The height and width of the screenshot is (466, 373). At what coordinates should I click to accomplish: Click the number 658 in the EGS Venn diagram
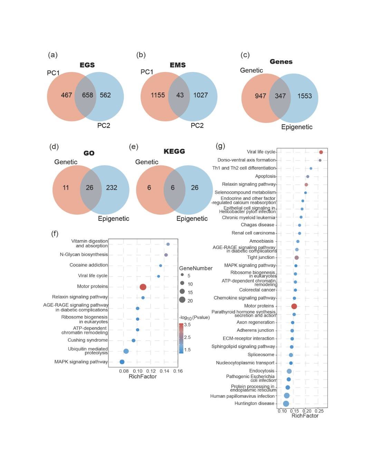(x=87, y=95)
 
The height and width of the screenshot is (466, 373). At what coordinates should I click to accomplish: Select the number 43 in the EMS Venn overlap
(x=180, y=95)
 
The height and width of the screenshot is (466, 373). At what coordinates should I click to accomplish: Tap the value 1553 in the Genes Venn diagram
(x=304, y=96)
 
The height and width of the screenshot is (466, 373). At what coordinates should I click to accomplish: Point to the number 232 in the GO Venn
(x=112, y=188)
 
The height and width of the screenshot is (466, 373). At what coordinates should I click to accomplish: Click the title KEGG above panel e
(x=174, y=152)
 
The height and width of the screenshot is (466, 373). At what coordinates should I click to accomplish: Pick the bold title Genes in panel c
(x=281, y=62)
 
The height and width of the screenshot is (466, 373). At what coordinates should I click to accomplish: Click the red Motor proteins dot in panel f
(x=143, y=287)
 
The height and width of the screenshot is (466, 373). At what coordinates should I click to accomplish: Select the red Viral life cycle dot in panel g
(x=321, y=152)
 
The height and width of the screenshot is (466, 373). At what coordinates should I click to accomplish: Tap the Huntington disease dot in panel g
(x=286, y=404)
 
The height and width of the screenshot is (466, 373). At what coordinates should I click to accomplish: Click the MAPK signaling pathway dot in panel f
(x=122, y=362)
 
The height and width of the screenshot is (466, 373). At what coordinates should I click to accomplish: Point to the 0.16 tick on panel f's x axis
(x=178, y=371)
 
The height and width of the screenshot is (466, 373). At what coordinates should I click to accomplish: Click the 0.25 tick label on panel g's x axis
(x=319, y=411)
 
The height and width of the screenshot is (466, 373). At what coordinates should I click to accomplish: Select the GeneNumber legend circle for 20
(x=182, y=300)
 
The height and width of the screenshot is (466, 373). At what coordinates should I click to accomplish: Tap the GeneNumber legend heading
(x=195, y=269)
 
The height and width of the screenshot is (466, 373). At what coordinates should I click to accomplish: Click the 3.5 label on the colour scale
(x=187, y=325)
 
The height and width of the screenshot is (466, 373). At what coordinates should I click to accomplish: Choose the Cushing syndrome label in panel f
(x=88, y=340)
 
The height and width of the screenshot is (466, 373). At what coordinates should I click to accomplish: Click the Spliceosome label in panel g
(x=261, y=355)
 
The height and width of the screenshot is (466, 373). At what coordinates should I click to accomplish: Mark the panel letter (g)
(x=220, y=146)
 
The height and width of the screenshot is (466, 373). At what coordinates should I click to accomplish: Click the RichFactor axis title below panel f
(x=143, y=377)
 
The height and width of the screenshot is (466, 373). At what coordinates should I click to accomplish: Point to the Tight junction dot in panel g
(x=296, y=258)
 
